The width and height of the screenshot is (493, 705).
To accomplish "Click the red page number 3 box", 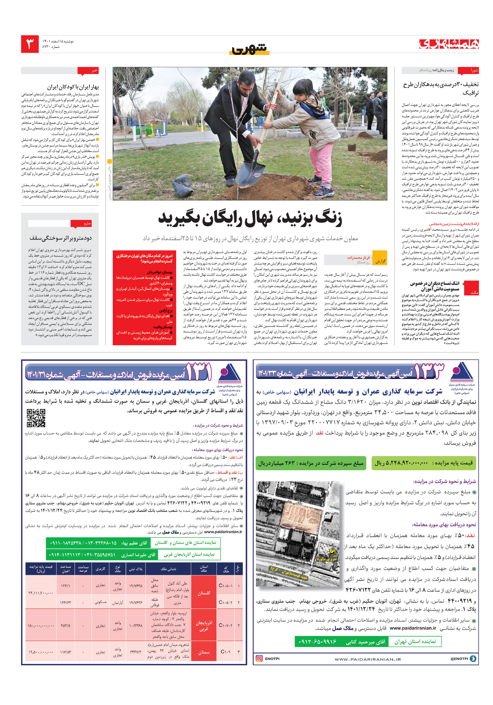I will tap(30, 44).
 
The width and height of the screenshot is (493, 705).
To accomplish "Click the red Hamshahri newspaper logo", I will tap(449, 44).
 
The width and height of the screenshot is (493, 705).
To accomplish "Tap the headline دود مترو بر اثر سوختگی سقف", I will tap(61, 238).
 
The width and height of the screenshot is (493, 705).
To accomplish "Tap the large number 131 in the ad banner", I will tap(199, 372).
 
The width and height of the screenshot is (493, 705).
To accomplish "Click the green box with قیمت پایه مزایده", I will tap(423, 463).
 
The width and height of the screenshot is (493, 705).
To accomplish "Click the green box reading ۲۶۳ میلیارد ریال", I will tap(310, 463).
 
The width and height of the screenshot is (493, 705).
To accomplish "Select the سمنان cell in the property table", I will tap(203, 652).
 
